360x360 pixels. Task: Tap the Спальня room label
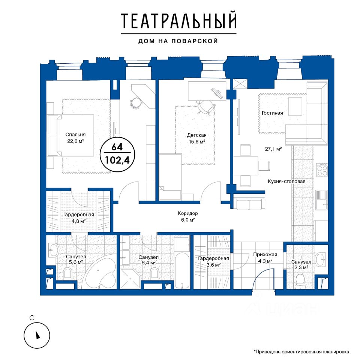pyautogui.click(x=75, y=135)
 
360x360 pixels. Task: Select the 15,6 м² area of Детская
pyautogui.click(x=197, y=142)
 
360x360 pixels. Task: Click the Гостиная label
pyautogui.click(x=272, y=113)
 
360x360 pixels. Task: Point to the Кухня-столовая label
pyautogui.click(x=286, y=181)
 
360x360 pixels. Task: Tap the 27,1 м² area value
pyautogui.click(x=273, y=149)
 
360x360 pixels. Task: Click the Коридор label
pyautogui.click(x=188, y=213)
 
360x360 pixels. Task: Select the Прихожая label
pyautogui.click(x=265, y=254)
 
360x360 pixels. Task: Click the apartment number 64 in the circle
pyautogui.click(x=117, y=147)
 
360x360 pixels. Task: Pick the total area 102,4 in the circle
pyautogui.click(x=117, y=160)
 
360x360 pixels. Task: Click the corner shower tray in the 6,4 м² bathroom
pyautogui.click(x=130, y=279)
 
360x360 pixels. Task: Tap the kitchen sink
pyautogui.click(x=321, y=200)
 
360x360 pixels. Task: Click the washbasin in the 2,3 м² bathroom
pyautogui.click(x=321, y=259)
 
